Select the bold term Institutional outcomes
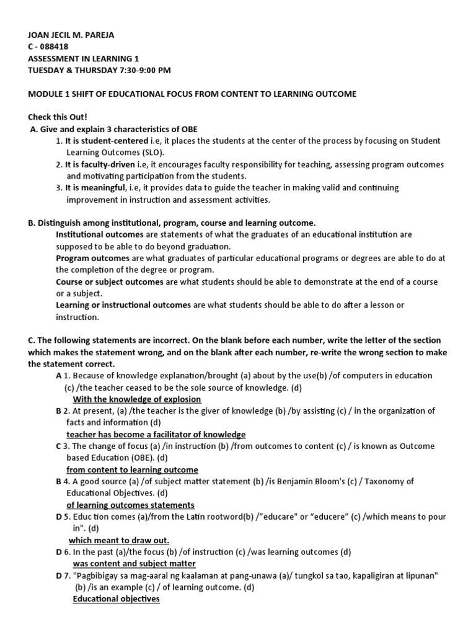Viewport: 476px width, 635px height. pos(100,235)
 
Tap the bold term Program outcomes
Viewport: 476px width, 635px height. pos(92,258)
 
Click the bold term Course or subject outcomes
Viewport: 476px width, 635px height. pos(110,282)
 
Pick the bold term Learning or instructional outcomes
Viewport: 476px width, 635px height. pos(123,305)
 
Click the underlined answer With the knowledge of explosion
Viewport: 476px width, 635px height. pos(137,399)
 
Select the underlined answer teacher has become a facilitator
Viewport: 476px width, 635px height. pos(156,434)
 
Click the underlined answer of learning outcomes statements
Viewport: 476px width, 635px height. pos(130,505)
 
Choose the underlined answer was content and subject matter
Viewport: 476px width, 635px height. pos(134,563)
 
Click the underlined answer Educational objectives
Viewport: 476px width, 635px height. pos(117,599)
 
